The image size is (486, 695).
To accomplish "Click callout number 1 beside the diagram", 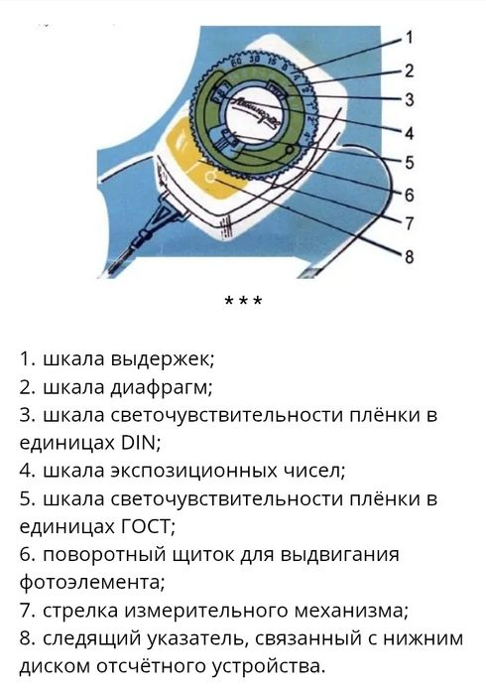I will tap(409, 38).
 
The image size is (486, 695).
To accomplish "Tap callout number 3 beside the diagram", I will tap(409, 99).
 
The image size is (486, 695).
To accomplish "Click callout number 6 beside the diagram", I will tap(409, 193).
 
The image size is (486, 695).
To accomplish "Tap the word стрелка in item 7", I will tap(77, 609).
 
